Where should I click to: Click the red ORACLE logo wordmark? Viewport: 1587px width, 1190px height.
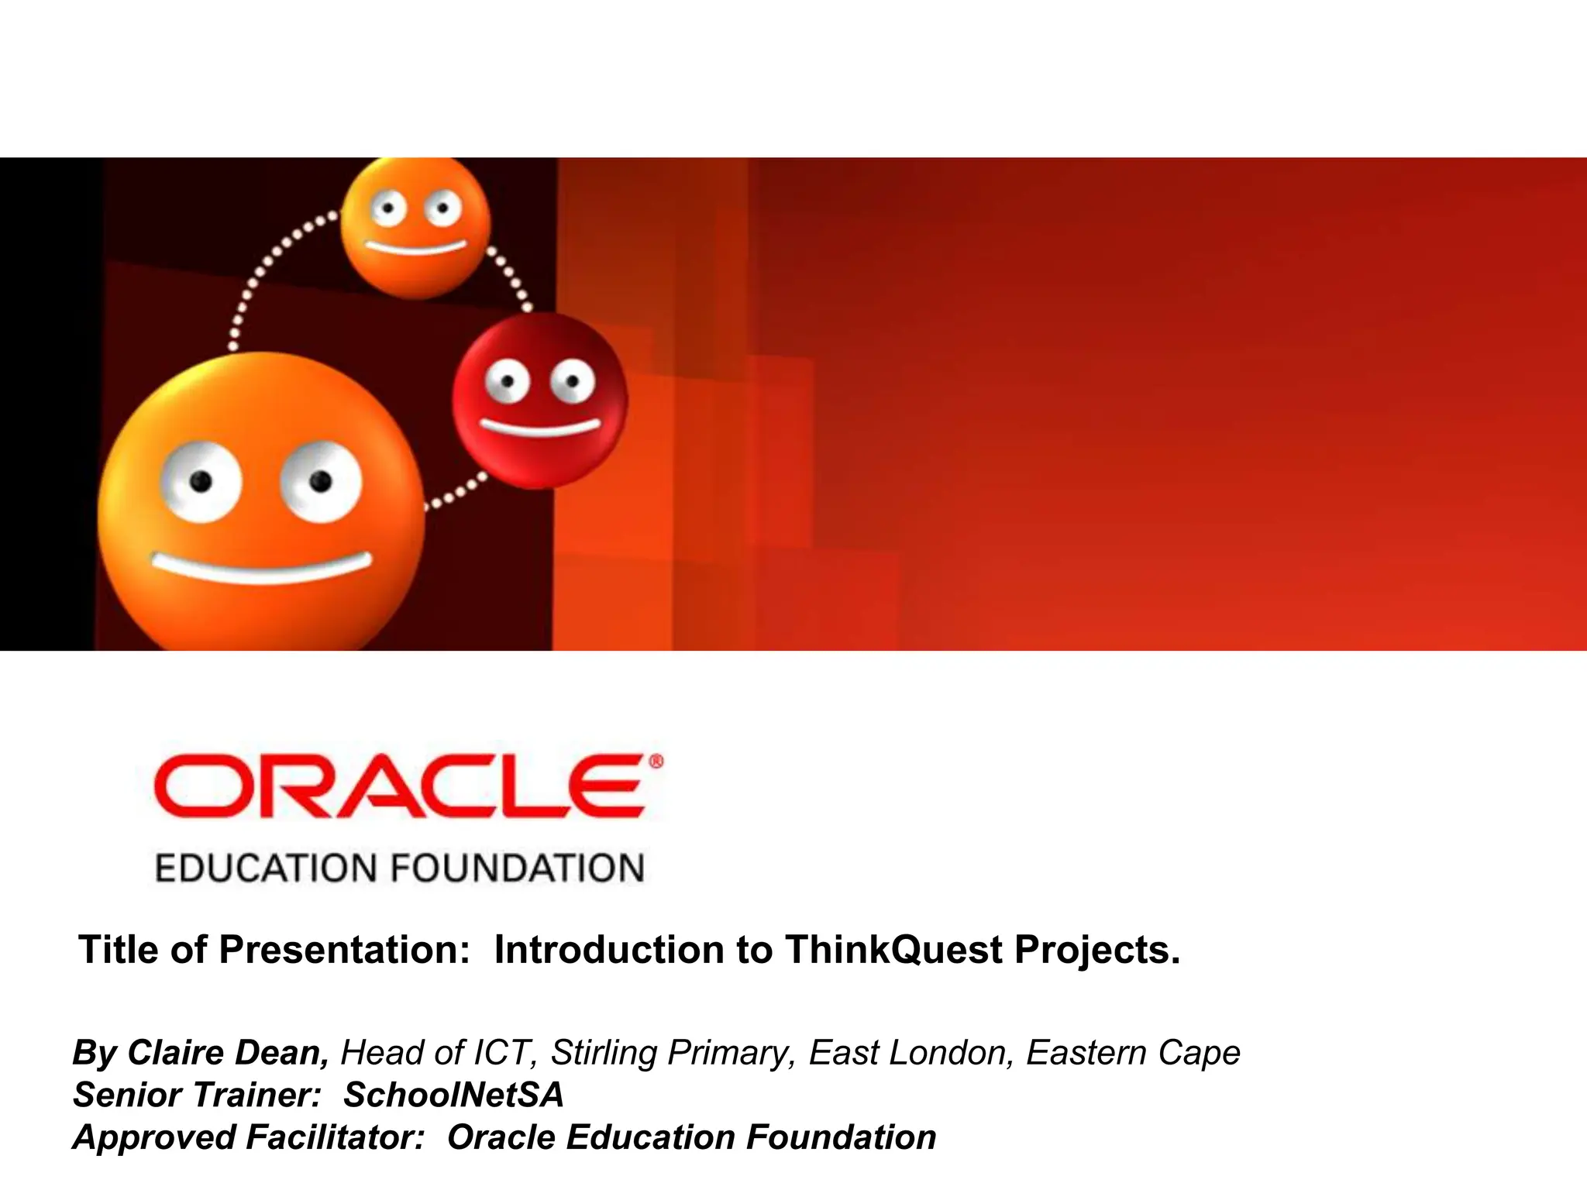tap(399, 786)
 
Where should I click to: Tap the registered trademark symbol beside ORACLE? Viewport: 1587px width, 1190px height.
tap(656, 762)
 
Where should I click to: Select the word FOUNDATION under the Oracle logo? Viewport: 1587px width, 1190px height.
tap(517, 868)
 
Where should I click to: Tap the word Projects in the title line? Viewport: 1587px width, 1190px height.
tap(1096, 950)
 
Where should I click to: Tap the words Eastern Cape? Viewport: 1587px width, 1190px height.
tap(1133, 1053)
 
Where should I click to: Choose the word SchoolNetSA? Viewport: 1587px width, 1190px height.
tap(453, 1095)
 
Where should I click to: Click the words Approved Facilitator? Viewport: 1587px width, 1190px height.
tap(249, 1137)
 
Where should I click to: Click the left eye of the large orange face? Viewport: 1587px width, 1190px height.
tap(201, 482)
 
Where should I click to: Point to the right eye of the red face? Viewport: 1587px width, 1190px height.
tap(573, 381)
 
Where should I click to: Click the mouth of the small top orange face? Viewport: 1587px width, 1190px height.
tap(416, 248)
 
